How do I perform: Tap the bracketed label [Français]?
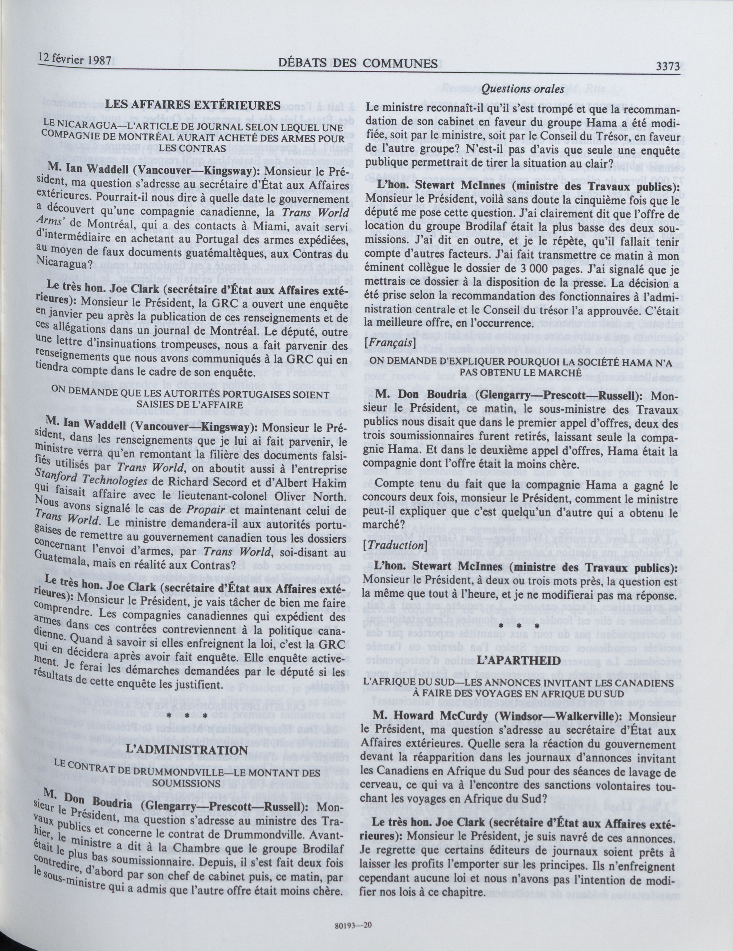tap(389, 343)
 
